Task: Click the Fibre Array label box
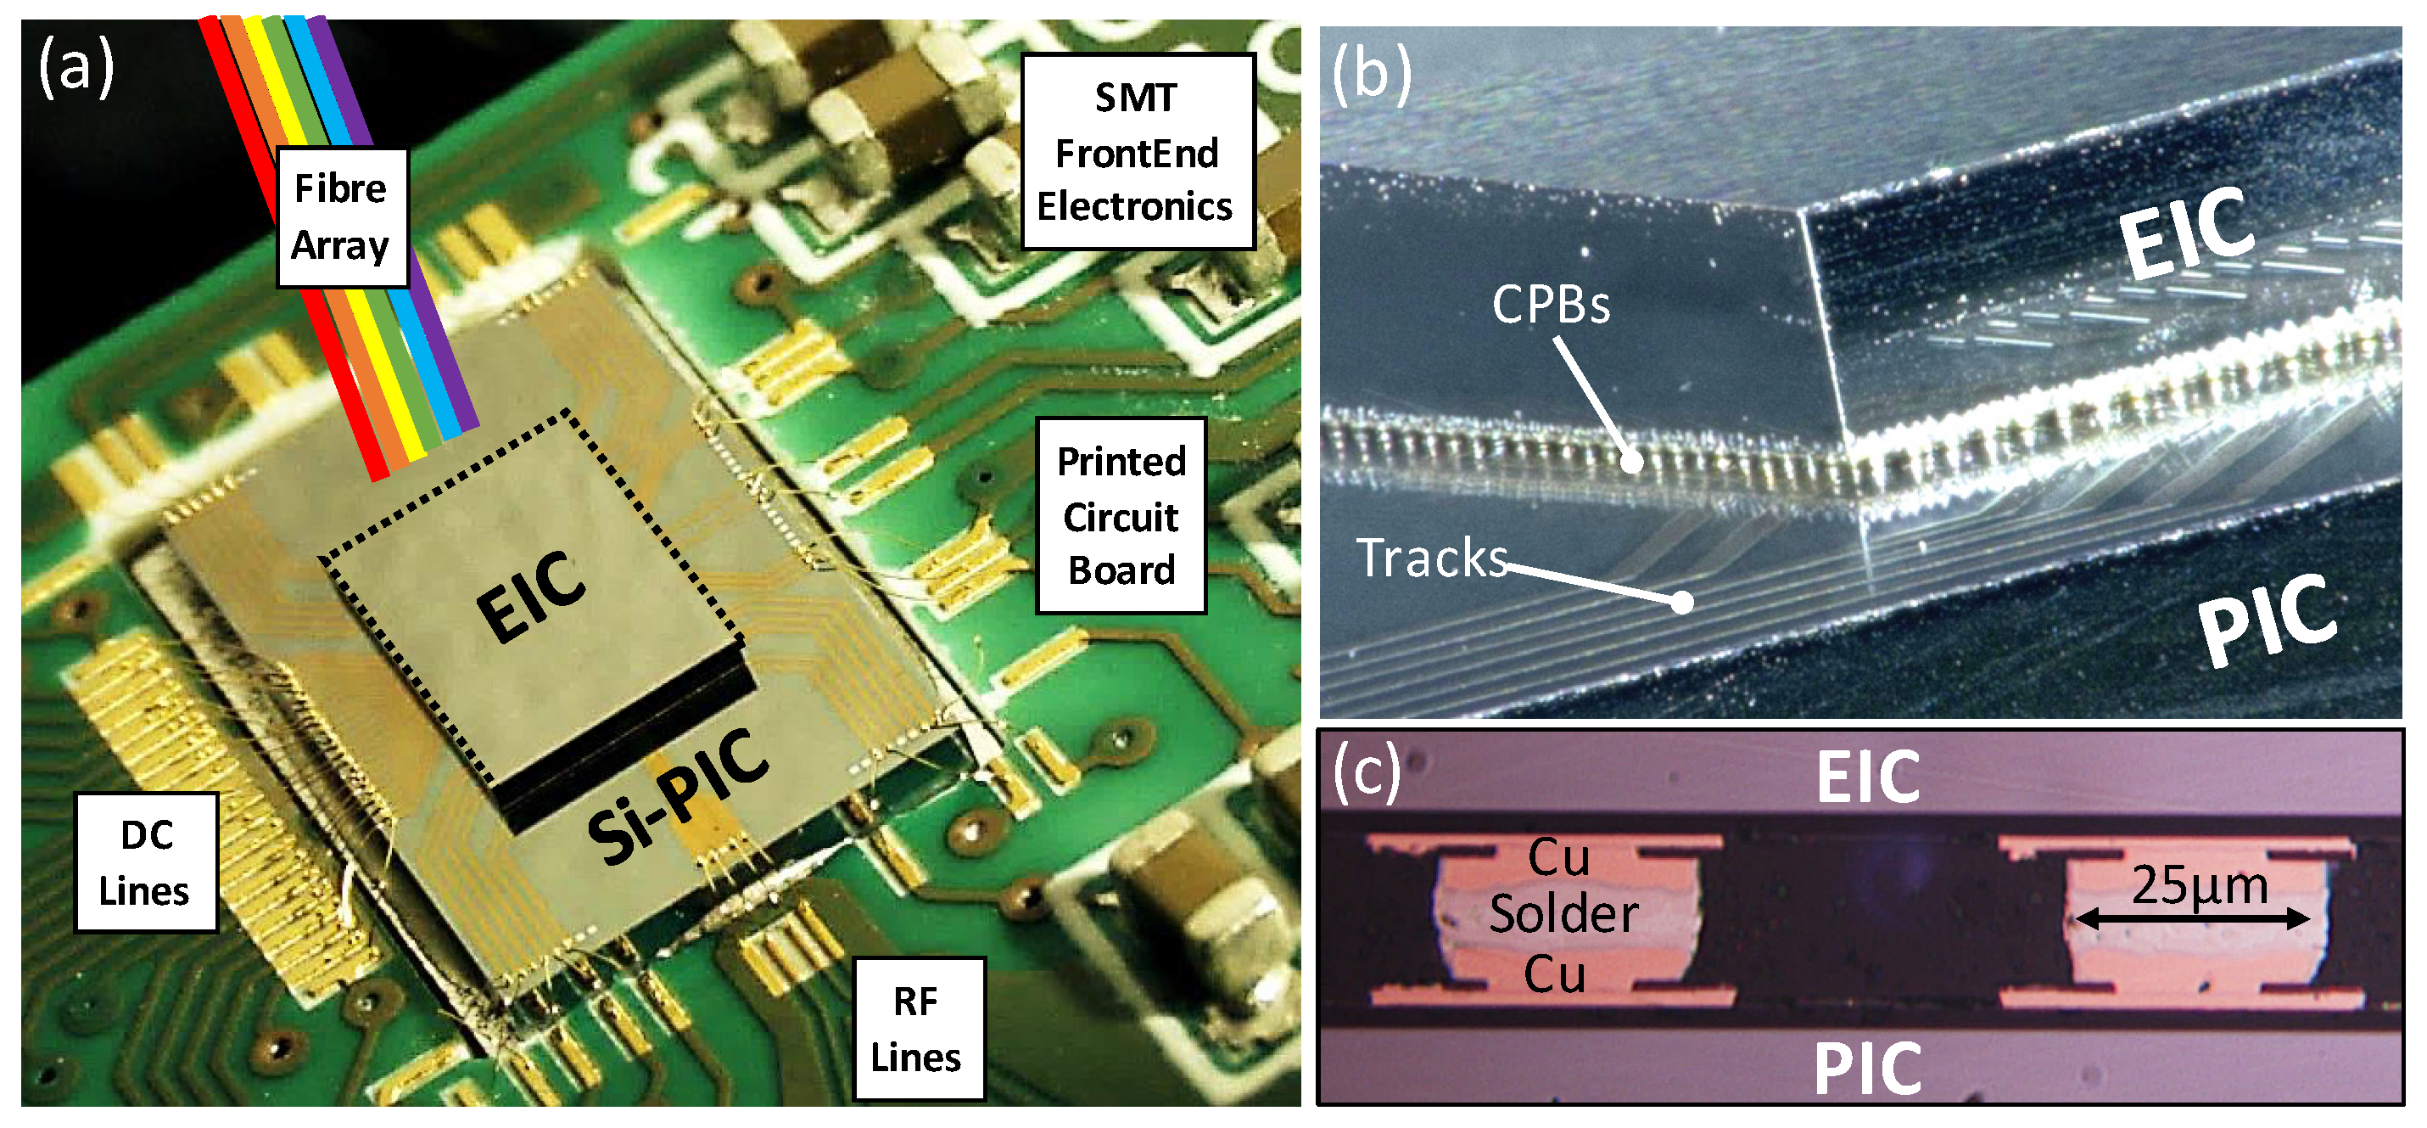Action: point(342,217)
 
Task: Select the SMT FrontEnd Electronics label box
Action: point(1138,152)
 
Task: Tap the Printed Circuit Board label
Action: point(1121,515)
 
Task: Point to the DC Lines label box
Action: point(146,862)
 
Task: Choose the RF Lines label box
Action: point(918,1029)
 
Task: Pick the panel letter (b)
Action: point(1371,74)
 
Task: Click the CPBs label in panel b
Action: point(1551,305)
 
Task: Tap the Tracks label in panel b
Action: point(1431,558)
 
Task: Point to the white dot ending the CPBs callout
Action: point(1633,462)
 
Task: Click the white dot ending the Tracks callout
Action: point(1683,602)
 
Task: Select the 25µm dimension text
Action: point(2199,886)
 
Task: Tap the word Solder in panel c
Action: point(1564,914)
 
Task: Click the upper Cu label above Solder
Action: point(1558,857)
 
